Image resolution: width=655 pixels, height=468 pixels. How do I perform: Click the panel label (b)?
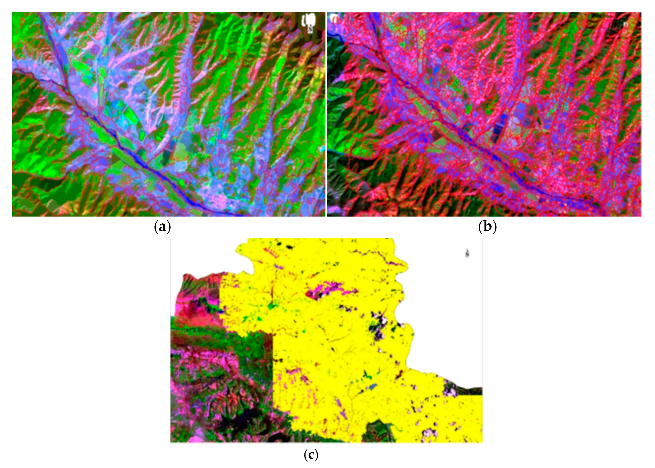click(x=487, y=227)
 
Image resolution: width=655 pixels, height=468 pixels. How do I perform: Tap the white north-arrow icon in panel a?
click(x=308, y=23)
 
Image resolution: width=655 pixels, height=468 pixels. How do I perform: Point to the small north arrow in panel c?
click(x=466, y=254)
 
